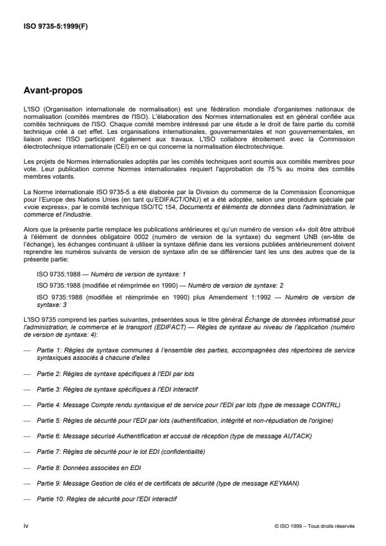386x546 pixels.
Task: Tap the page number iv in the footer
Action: coord(26,525)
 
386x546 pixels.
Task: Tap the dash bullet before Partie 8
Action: coord(26,468)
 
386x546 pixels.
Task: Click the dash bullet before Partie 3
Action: coord(26,388)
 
